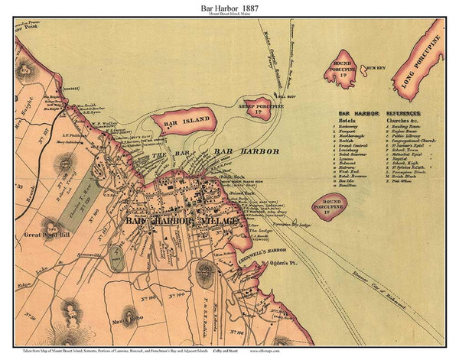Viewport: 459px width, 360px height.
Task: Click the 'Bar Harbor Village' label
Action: (175, 221)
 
